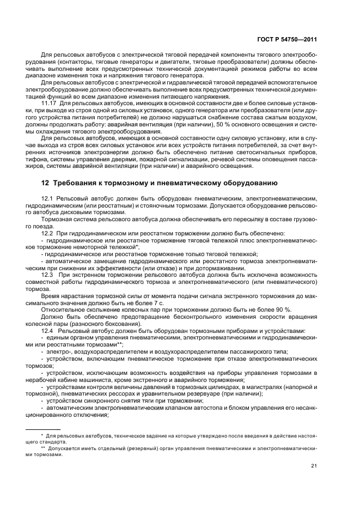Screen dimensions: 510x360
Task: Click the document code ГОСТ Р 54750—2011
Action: click(288, 39)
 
